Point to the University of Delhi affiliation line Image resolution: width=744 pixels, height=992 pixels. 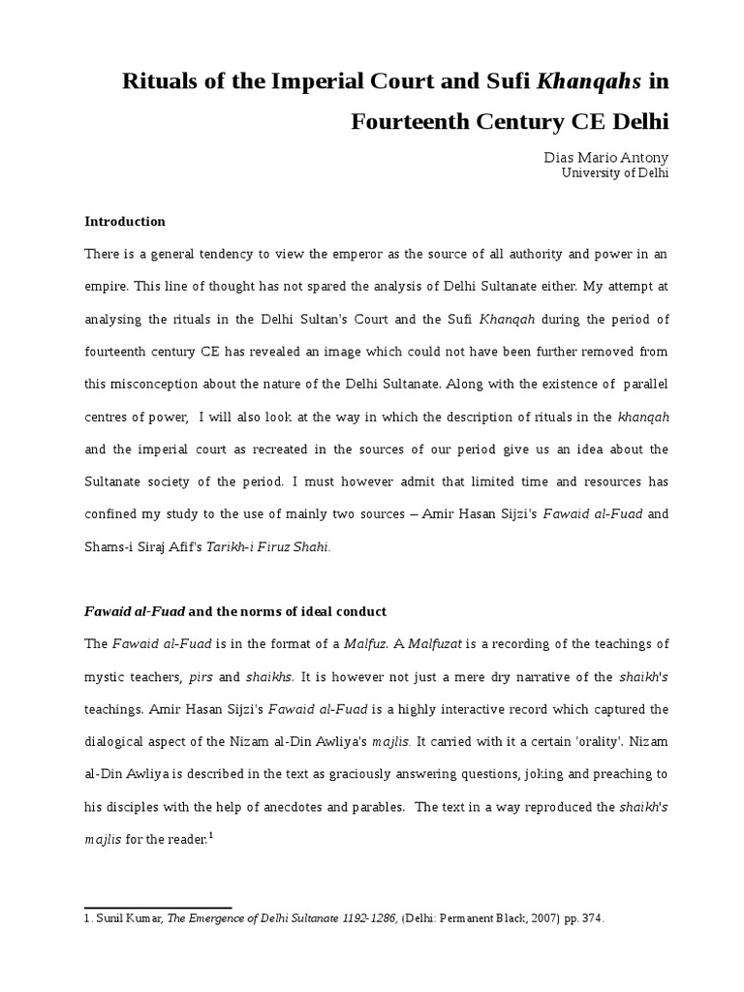tap(615, 173)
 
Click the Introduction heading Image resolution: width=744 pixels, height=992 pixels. tap(125, 221)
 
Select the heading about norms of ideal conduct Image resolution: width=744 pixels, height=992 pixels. tap(235, 611)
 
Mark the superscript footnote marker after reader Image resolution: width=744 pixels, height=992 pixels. tap(210, 837)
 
